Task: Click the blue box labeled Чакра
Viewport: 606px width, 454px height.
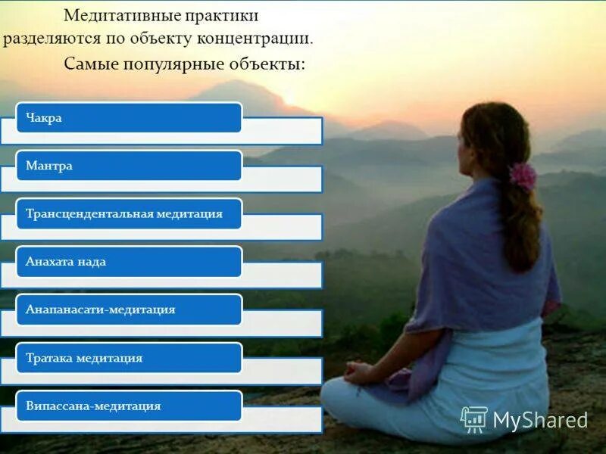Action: tap(129, 118)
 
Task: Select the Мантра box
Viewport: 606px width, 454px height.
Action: tap(129, 166)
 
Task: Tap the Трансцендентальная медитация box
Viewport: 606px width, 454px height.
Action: tap(129, 214)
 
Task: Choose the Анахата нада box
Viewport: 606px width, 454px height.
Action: tap(129, 262)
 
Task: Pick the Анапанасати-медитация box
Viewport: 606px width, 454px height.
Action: tap(129, 309)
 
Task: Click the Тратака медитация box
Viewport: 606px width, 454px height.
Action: tap(129, 358)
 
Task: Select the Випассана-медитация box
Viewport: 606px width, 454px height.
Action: tap(129, 406)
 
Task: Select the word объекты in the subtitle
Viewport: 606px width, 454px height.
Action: tap(266, 64)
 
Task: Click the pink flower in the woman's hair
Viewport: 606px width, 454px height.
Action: tap(523, 176)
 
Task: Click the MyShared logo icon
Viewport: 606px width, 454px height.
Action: tap(474, 419)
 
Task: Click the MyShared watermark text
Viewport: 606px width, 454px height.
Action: tap(540, 420)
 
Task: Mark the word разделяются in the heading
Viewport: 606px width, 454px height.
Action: tap(49, 39)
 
